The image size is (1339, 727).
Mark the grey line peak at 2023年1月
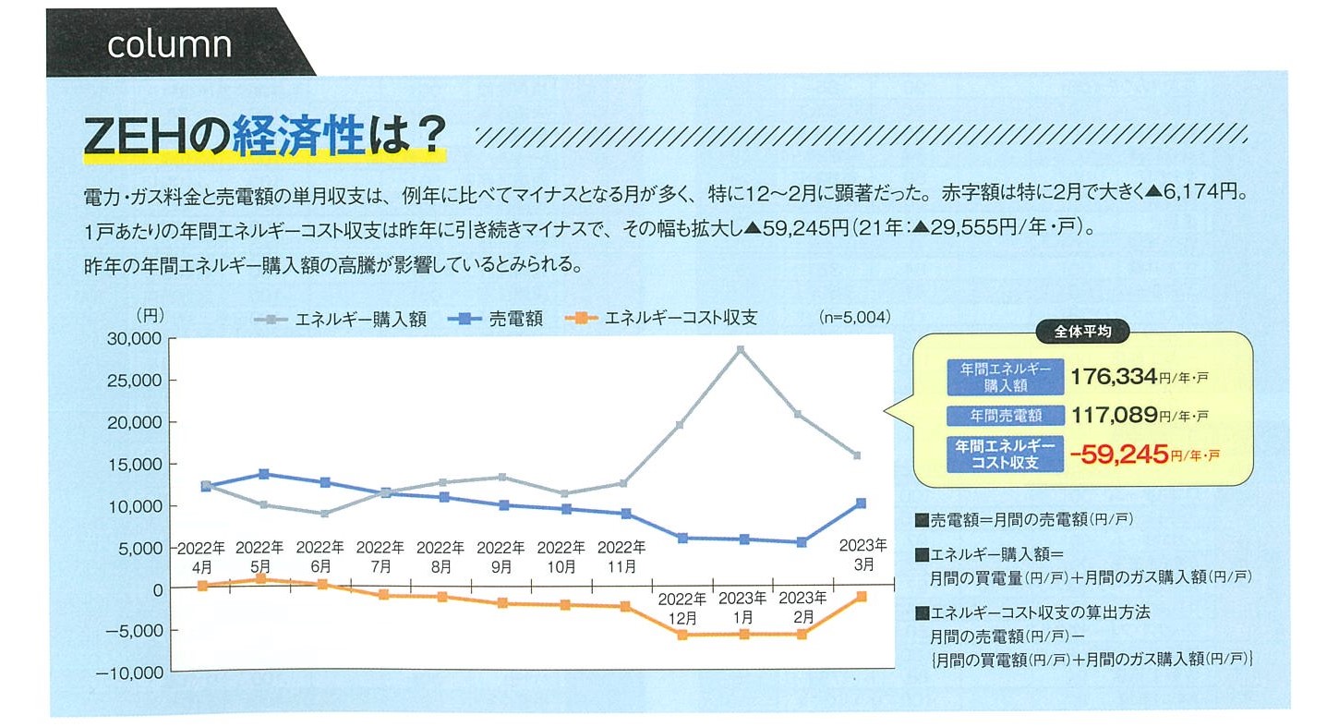point(740,349)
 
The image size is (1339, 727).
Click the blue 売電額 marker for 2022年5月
point(263,474)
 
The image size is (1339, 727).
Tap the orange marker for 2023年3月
point(861,597)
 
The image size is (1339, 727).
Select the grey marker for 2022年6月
point(322,514)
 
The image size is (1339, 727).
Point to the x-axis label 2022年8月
point(440,556)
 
